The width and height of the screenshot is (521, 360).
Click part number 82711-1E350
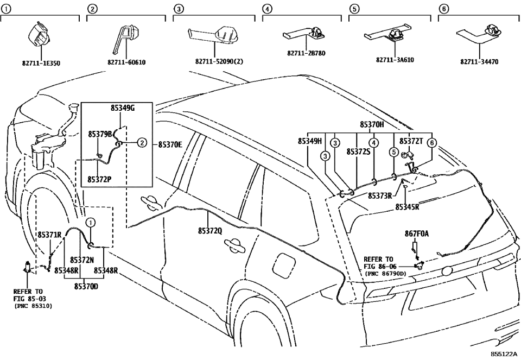42,63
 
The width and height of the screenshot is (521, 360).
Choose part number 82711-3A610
395,60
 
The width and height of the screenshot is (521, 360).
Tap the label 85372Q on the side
209,231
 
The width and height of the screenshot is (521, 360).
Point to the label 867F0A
416,234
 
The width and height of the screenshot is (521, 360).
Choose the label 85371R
49,235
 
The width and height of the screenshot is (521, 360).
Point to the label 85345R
407,206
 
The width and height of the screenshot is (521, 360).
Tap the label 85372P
100,178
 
